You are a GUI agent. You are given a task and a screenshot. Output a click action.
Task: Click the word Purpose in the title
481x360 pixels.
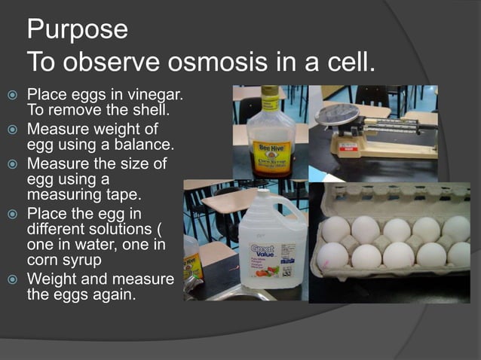(77, 30)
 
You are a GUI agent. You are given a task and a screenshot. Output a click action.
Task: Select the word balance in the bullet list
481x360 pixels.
(141, 143)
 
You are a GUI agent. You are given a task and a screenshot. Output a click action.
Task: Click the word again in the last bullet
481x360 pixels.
(114, 294)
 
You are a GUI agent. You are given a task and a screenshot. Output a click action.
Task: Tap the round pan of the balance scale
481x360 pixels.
(337, 115)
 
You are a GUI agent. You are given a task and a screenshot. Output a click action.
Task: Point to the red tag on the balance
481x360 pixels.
(348, 146)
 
